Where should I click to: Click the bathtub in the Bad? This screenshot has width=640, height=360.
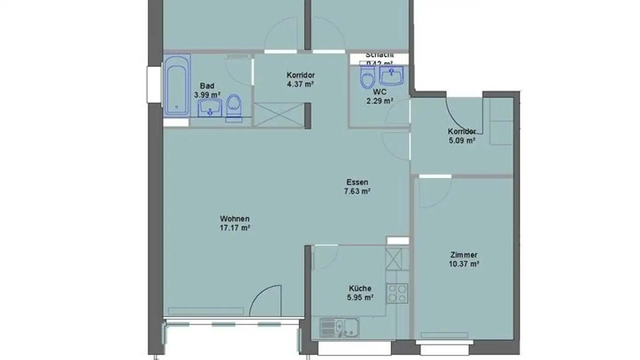tap(177, 85)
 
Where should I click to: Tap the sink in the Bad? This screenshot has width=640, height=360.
tap(210, 108)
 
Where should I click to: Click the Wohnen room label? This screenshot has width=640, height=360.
tap(235, 219)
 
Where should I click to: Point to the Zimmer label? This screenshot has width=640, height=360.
tap(464, 255)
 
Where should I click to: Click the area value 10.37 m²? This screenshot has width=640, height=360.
tap(464, 264)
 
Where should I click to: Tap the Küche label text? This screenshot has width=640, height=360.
tap(360, 288)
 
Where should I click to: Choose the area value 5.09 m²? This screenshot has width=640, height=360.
tap(462, 140)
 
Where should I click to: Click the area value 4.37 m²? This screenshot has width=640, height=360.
tap(301, 84)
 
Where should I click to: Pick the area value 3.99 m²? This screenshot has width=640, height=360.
tap(207, 95)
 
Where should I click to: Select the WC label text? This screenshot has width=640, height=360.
tap(379, 92)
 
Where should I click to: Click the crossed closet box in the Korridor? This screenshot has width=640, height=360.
tap(278, 115)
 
